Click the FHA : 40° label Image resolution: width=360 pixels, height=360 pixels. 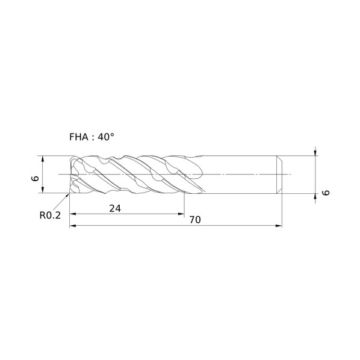click(92, 137)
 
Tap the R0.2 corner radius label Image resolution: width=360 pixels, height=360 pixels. click(50, 216)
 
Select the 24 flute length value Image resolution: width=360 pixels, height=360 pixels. click(115, 208)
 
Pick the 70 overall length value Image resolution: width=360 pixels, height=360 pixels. click(195, 220)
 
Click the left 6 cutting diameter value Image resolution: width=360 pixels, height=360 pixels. click(35, 178)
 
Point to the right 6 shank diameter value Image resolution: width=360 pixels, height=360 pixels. click(326, 193)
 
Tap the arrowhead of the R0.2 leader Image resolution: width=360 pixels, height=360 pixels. click(68, 195)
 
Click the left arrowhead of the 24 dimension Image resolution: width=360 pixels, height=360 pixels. click(73, 214)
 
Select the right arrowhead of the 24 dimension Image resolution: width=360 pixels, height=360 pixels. click(181, 214)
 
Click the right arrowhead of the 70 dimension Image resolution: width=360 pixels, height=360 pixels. click(279, 226)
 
